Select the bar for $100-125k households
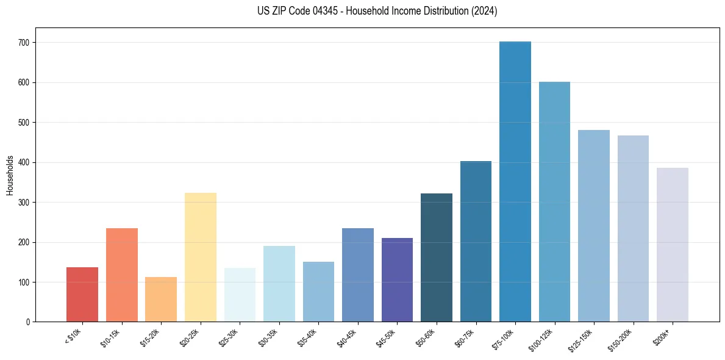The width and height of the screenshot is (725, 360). [554, 202]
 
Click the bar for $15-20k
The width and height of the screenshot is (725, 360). [161, 300]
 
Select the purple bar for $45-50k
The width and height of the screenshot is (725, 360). [397, 280]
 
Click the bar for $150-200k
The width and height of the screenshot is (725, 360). [633, 229]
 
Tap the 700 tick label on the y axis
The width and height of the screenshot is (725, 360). [27, 43]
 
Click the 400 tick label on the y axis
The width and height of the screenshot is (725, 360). [27, 163]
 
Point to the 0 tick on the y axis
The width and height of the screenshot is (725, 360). [30, 322]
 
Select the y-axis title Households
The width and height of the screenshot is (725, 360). [10, 175]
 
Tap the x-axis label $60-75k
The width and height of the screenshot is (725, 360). [465, 337]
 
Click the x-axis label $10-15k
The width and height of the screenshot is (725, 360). [111, 337]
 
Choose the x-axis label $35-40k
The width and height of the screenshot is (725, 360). [308, 337]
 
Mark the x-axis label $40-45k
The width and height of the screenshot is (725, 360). [347, 337]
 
